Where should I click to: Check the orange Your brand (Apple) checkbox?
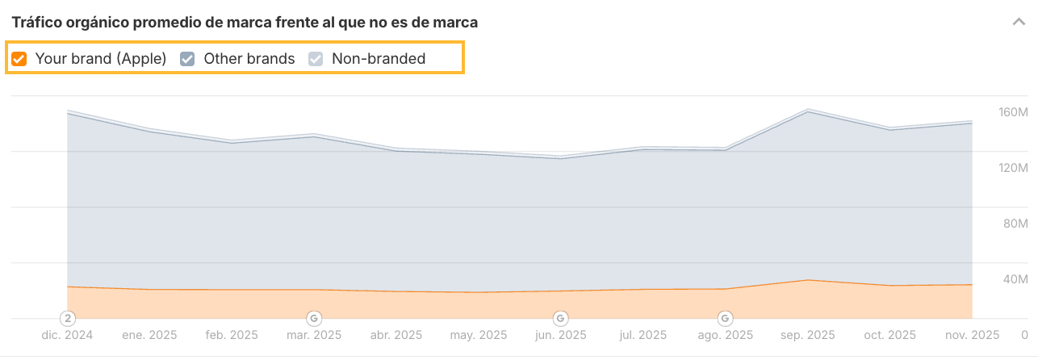tap(20, 58)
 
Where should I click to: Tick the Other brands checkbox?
tap(187, 58)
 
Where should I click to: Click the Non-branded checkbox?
tap(316, 58)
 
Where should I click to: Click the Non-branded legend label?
tap(378, 58)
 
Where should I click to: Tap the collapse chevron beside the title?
tap(1019, 22)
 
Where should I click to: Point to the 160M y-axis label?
tap(1013, 112)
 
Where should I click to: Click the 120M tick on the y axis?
tap(1013, 168)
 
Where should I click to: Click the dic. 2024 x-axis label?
tap(67, 334)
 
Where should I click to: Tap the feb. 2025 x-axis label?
tap(232, 334)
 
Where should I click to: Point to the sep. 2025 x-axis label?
tap(807, 334)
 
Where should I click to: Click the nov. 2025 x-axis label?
tap(972, 334)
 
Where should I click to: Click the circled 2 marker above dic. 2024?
tap(69, 317)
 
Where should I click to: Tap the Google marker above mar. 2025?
tap(314, 317)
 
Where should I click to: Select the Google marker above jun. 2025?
tap(560, 317)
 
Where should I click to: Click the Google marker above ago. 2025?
tap(726, 317)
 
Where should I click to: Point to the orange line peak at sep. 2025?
tap(807, 280)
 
